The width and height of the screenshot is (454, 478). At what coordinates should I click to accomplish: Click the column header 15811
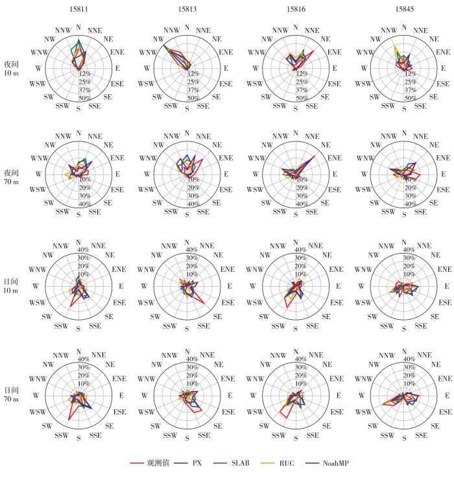78,8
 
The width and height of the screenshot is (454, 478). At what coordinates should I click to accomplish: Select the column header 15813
187,8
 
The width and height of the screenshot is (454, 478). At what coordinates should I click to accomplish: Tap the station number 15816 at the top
296,8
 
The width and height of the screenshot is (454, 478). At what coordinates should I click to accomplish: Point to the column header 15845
404,8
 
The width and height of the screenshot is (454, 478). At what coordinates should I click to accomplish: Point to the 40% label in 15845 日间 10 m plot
409,250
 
